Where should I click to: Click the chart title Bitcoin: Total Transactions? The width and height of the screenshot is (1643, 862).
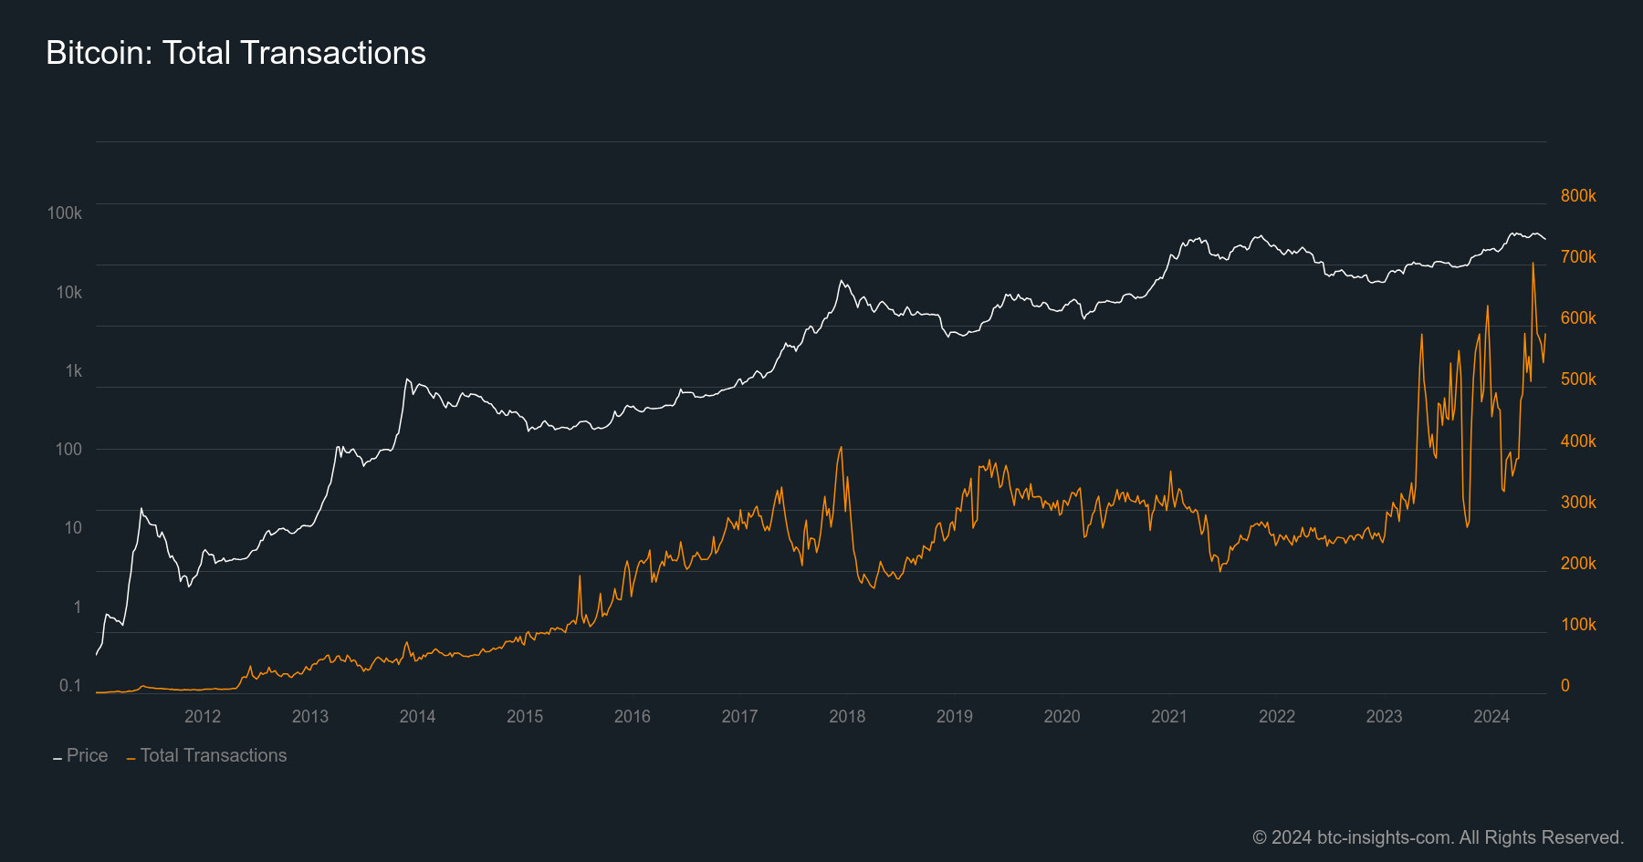coord(235,53)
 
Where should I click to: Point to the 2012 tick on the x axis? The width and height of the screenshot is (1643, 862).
coord(203,716)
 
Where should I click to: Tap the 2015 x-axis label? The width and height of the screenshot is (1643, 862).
coord(525,716)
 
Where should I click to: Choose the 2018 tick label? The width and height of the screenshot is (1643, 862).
coord(847,716)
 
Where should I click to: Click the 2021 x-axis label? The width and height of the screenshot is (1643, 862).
coord(1169,716)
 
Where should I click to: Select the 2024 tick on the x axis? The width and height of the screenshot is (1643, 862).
coord(1491,716)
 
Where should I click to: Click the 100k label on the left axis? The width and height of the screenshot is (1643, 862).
coord(65,213)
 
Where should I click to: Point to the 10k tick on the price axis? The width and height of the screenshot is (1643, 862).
coord(68,292)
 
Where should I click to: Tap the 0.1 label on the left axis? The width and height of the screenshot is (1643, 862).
coord(70,685)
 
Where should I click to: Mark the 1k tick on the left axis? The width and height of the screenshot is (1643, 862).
coord(73,370)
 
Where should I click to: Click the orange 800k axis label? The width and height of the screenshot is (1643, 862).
coord(1578,195)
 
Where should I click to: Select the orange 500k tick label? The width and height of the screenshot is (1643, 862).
coord(1578,379)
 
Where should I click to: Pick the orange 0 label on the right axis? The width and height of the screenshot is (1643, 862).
coord(1565,685)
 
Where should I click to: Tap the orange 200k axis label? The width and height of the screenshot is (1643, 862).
coord(1578,563)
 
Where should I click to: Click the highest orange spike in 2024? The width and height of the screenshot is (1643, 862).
coord(1533,264)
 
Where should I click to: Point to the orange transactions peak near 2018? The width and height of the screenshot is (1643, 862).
coord(841,447)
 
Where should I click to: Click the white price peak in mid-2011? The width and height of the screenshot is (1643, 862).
coord(141,508)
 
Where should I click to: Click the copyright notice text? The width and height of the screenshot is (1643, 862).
coord(1438,837)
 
